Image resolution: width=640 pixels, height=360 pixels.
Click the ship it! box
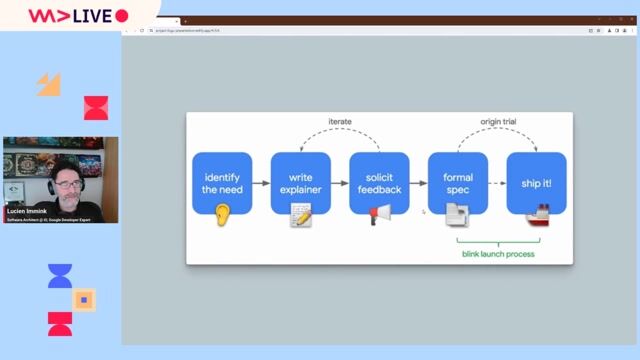click(x=536, y=183)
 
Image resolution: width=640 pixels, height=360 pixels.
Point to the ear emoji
click(x=222, y=213)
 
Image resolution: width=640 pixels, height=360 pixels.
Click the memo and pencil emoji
click(x=301, y=214)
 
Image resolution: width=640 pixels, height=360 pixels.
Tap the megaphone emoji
click(x=380, y=214)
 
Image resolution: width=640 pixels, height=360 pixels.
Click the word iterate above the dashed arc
click(x=340, y=122)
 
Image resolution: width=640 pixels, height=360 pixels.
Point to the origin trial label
click(x=497, y=122)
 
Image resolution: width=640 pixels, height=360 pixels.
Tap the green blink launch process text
click(x=497, y=254)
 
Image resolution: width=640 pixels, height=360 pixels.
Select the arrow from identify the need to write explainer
click(x=261, y=183)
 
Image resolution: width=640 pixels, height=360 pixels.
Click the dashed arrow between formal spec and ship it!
click(x=497, y=183)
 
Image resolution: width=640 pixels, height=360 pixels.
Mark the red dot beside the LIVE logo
click(x=122, y=16)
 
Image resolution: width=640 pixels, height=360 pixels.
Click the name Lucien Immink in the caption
click(x=27, y=211)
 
